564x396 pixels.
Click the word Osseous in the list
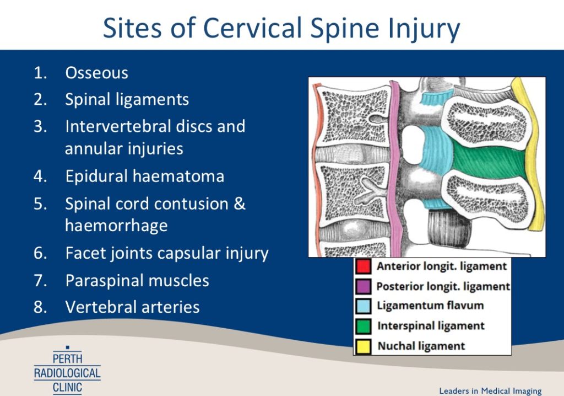click(96, 73)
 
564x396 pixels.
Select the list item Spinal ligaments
click(127, 99)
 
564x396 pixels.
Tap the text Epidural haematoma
click(144, 176)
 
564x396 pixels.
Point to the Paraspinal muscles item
click(137, 280)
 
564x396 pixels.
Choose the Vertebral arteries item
click(132, 307)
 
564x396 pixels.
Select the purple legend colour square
click(363, 287)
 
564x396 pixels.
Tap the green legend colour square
click(363, 326)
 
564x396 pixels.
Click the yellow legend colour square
click(363, 346)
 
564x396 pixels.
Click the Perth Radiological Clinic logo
click(67, 370)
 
